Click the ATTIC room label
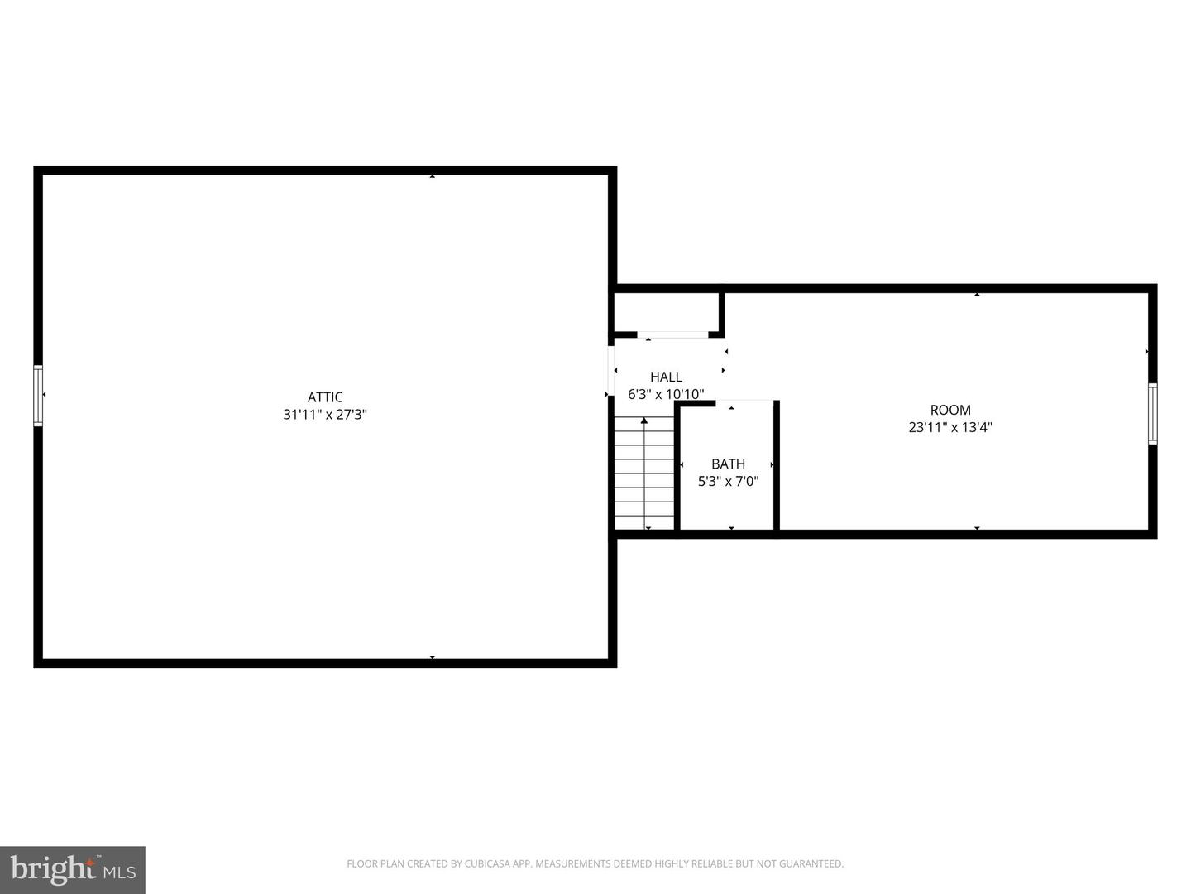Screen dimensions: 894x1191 tap(325, 397)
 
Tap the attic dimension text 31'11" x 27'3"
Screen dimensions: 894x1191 tap(325, 415)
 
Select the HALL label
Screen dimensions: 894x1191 tap(666, 377)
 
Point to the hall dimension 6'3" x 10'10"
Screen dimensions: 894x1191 tap(666, 395)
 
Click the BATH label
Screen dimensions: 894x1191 tap(728, 464)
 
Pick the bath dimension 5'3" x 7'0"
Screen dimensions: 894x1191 tap(728, 482)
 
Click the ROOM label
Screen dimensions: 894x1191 tap(950, 410)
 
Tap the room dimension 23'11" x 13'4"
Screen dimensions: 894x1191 tap(950, 428)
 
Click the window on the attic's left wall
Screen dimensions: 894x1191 tap(38, 396)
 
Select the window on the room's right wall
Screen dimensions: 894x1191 tap(1152, 414)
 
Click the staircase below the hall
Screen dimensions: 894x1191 tap(644, 476)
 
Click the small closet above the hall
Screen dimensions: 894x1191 tap(666, 312)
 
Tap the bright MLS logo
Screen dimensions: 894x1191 tap(73, 869)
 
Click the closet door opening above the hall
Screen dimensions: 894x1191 tap(672, 334)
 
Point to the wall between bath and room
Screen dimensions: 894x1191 tap(777, 465)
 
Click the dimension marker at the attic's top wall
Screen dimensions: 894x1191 tap(432, 175)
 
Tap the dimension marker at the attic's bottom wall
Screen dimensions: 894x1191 tap(432, 658)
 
